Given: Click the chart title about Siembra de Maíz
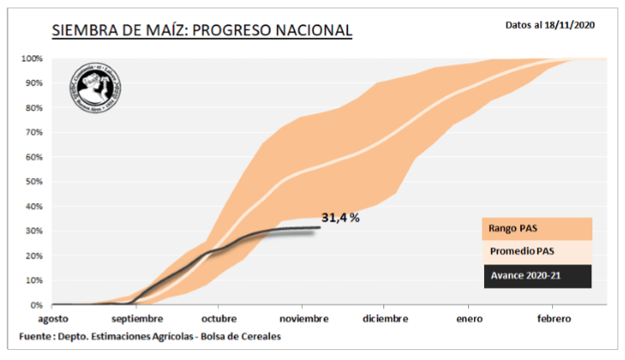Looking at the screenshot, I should click(201, 32).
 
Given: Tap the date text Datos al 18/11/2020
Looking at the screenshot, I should click(550, 25).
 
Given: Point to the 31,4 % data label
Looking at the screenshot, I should click(341, 218).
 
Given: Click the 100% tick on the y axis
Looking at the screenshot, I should click(32, 59).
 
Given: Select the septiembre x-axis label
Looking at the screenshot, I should click(137, 319).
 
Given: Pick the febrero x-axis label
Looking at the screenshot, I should click(549, 319).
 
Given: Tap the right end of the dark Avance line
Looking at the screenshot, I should click(320, 227).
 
